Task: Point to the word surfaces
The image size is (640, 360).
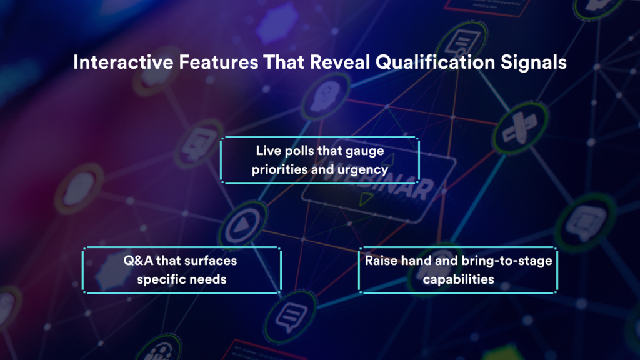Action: point(211,260)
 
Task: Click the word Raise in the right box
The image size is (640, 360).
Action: point(382,260)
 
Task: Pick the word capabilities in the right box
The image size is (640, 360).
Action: point(458,279)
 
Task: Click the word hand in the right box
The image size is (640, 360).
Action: point(417,260)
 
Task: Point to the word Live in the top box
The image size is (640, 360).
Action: point(267,151)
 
